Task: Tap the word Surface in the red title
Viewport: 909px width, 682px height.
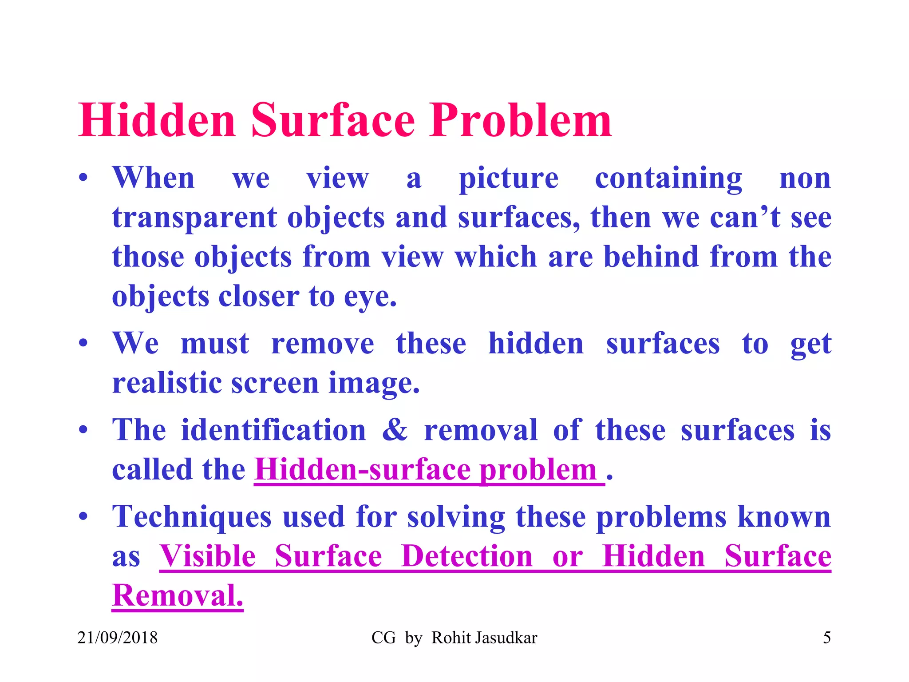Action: pyautogui.click(x=333, y=121)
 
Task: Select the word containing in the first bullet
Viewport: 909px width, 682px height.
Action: pyautogui.click(x=668, y=178)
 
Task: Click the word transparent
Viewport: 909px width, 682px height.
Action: pyautogui.click(x=194, y=218)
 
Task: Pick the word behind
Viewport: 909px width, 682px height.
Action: pyautogui.click(x=652, y=257)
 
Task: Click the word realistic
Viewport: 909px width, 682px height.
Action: pyautogui.click(x=167, y=383)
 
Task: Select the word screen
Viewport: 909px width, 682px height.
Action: pyautogui.click(x=275, y=383)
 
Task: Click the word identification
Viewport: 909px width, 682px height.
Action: pyautogui.click(x=273, y=430)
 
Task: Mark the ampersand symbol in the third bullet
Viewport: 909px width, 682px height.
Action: pyautogui.click(x=395, y=430)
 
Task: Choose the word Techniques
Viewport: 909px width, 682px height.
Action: pyautogui.click(x=192, y=517)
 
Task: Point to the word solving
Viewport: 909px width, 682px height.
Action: pyautogui.click(x=456, y=517)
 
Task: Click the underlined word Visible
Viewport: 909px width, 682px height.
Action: pyautogui.click(x=207, y=556)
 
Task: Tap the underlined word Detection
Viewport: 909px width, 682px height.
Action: pyautogui.click(x=466, y=556)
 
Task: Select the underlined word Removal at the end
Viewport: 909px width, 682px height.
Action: pyautogui.click(x=178, y=595)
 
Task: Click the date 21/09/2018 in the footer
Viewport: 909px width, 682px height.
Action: pyautogui.click(x=118, y=638)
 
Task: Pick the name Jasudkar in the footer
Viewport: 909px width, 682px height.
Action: pyautogui.click(x=506, y=638)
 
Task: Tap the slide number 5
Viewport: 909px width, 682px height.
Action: pyautogui.click(x=827, y=638)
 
